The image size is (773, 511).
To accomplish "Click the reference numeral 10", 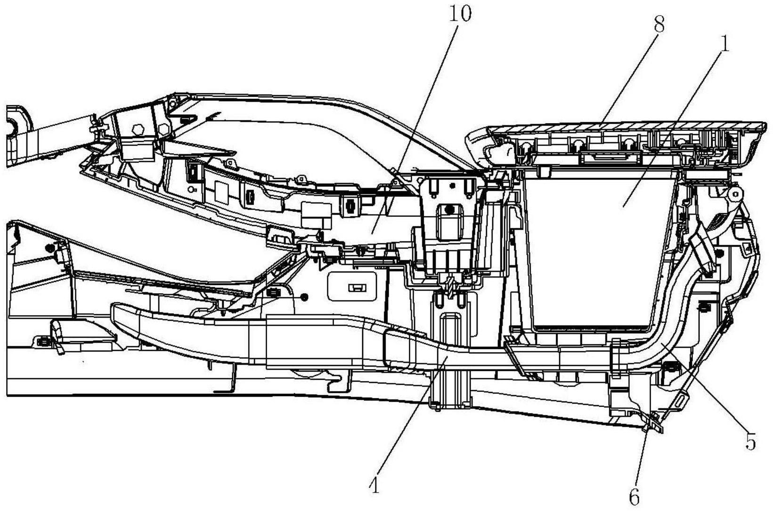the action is [460, 15].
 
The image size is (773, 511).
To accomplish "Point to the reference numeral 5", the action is [751, 441].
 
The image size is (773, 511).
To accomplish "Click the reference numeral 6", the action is [634, 497].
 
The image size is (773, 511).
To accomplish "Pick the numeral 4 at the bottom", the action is [375, 486].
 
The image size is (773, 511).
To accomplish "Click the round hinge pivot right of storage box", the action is [735, 194].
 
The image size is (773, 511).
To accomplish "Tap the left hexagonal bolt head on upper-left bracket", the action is [138, 129].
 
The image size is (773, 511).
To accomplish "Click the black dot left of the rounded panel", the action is [304, 297].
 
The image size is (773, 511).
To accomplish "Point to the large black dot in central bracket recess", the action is [449, 209].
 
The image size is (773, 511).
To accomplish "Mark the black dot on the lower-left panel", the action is [50, 247].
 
